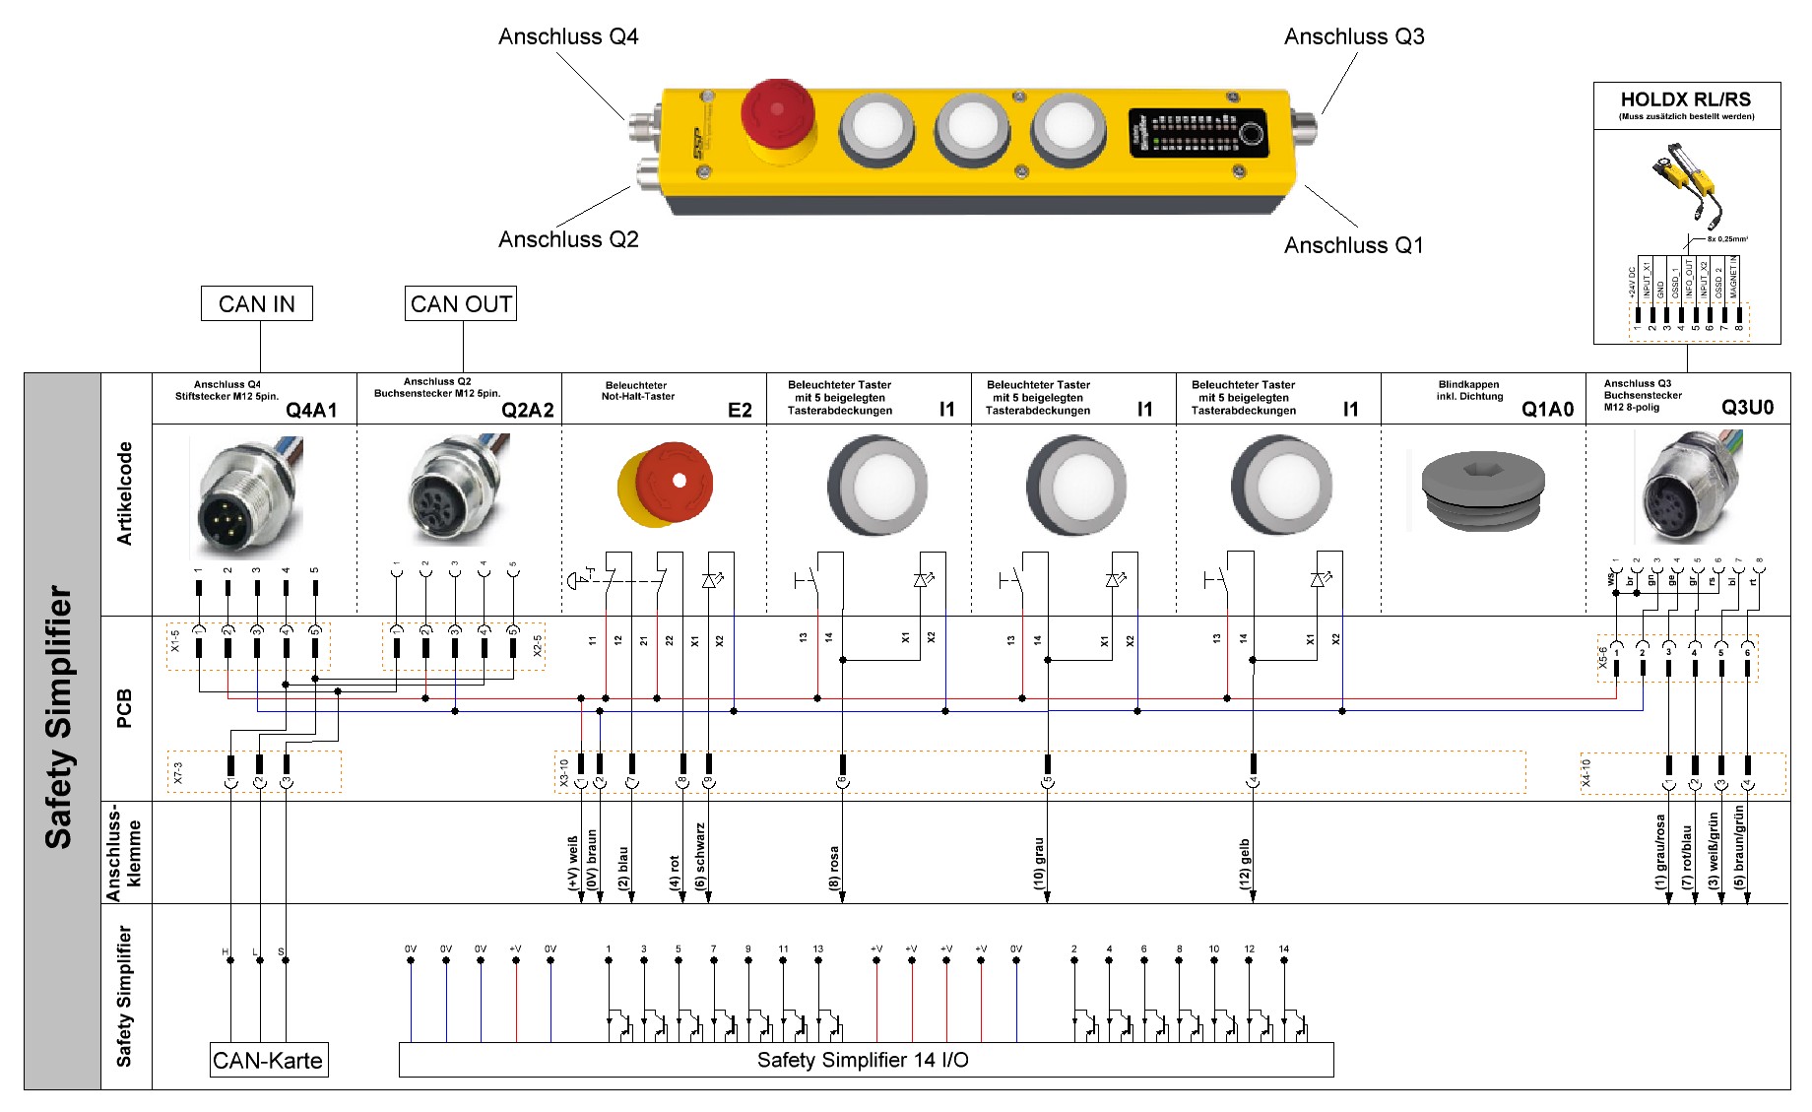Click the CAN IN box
click(256, 304)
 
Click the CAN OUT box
click(461, 304)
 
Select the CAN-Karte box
click(268, 1061)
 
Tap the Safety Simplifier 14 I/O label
click(863, 1060)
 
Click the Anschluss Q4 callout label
click(568, 37)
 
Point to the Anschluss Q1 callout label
click(1353, 245)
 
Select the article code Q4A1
click(311, 410)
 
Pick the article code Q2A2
click(528, 410)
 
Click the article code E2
click(740, 410)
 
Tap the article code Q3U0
click(1747, 408)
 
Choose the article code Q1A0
click(1547, 409)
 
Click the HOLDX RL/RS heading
click(1686, 99)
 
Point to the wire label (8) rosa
click(834, 868)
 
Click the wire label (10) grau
click(1039, 864)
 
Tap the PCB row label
click(124, 708)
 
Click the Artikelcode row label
click(124, 493)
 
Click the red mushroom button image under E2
click(667, 485)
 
